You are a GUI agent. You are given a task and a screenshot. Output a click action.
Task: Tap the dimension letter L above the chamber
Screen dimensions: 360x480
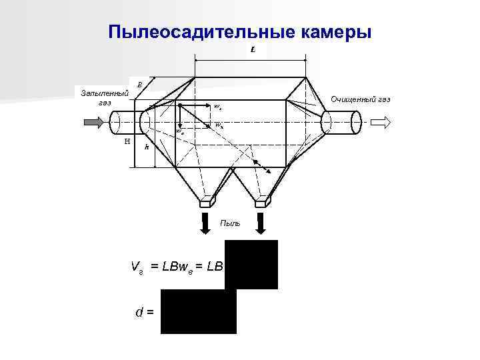click(254, 50)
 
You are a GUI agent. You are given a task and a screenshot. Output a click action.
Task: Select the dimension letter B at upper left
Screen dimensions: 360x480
click(139, 85)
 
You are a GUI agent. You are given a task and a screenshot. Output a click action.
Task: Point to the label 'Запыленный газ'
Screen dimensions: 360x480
click(104, 97)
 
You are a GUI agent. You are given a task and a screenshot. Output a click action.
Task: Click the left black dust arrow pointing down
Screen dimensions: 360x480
click(203, 223)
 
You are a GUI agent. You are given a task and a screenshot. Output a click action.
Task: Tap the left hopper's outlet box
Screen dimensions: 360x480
click(207, 201)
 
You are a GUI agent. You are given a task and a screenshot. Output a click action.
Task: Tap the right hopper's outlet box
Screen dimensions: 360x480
click(263, 201)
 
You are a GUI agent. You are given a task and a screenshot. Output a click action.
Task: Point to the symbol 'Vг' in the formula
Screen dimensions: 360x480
click(137, 267)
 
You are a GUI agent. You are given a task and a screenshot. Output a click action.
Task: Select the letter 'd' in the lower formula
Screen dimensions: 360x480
click(138, 311)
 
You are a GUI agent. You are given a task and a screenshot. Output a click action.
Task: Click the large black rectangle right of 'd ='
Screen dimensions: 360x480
click(199, 311)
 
